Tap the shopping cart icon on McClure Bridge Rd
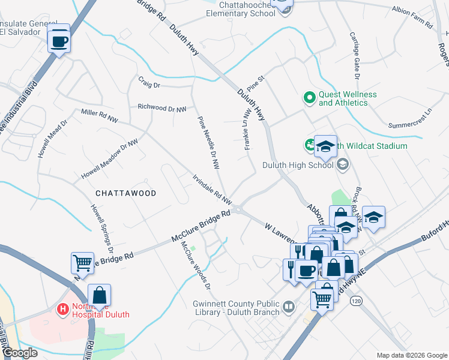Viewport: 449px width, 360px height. tap(82, 262)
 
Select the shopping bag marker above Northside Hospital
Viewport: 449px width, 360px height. tap(100, 296)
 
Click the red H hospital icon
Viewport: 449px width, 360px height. tap(61, 310)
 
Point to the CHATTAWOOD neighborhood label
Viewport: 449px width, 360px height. tap(125, 193)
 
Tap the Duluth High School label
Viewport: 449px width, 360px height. tap(298, 166)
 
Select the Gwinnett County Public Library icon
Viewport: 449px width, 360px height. tap(289, 308)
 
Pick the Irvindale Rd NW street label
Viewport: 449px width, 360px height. tap(211, 188)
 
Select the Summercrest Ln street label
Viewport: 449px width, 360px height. tap(410, 119)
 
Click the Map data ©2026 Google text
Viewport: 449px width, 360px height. tap(411, 355)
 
